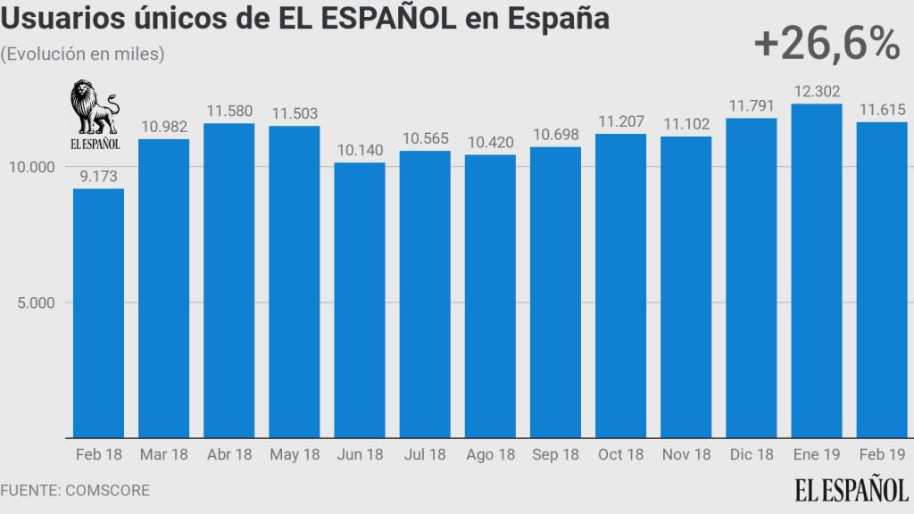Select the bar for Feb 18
[x=98, y=312]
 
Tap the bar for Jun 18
[x=360, y=300]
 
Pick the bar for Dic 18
[x=752, y=278]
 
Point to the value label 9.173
[x=98, y=177]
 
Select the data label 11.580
[x=229, y=112]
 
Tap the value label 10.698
[x=555, y=135]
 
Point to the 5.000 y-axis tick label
[x=36, y=303]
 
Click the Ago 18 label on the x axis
[x=490, y=455]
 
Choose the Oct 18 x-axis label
[x=620, y=455]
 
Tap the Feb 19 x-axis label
[x=882, y=455]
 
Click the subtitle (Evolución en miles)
[x=82, y=54]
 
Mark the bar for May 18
[x=295, y=281]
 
